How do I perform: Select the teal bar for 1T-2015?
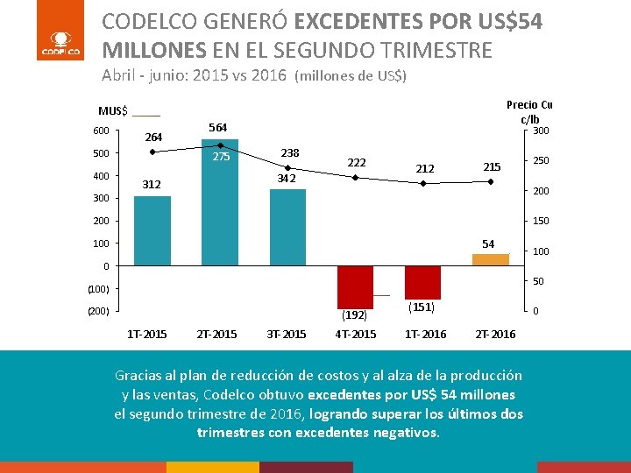(x=152, y=230)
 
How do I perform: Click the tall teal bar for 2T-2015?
(x=220, y=202)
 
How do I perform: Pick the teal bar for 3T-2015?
(x=287, y=227)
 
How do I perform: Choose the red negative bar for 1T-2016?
(x=422, y=282)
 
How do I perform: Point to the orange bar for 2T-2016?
(x=490, y=259)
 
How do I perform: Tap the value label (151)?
(x=422, y=307)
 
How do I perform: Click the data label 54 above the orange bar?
(x=488, y=243)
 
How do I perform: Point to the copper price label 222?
(x=357, y=163)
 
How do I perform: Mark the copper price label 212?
(x=424, y=168)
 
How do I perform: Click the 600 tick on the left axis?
(x=102, y=131)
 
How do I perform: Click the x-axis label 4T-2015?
(x=356, y=335)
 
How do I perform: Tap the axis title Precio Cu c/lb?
(x=529, y=112)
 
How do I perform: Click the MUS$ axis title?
(x=113, y=111)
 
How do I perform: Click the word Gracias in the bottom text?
(x=141, y=375)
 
